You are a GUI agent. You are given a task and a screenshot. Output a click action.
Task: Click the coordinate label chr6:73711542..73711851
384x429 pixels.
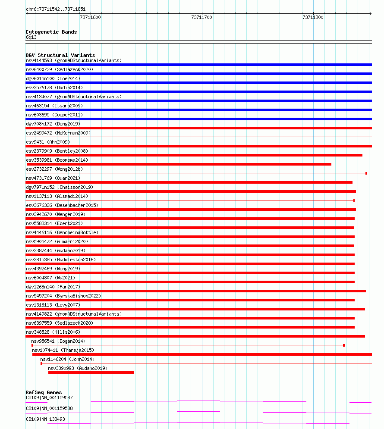coord(55,9)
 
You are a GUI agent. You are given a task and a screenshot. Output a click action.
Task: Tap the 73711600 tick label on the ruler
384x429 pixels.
coord(91,18)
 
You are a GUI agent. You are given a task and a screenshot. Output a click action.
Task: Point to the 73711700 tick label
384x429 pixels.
coord(201,18)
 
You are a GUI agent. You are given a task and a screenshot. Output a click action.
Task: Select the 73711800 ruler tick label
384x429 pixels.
coord(313,18)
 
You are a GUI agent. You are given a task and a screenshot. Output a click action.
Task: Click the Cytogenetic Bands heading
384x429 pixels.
coord(51,32)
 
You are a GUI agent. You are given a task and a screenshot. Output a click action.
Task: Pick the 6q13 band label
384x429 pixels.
coord(31,38)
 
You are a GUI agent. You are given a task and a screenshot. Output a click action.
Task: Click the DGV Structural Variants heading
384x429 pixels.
coord(60,55)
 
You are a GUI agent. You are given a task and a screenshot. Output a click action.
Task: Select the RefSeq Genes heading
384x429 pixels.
coord(44,392)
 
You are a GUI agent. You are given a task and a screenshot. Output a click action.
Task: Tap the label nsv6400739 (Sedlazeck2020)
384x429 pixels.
coord(59,69)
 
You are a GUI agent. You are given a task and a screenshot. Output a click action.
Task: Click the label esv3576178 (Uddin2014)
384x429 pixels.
coord(54,88)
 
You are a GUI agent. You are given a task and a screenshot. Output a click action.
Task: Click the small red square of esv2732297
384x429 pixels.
coord(366,173)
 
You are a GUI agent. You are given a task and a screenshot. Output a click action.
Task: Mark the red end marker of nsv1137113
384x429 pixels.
coord(354,200)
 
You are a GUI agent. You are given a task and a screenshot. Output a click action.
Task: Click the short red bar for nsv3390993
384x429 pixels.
coord(91,373)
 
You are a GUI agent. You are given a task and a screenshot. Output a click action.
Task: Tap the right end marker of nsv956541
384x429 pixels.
coord(344,345)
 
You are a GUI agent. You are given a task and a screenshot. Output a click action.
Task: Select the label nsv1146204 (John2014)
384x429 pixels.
coord(67,359)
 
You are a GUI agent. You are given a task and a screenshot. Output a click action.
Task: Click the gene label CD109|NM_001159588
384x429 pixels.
coord(49,408)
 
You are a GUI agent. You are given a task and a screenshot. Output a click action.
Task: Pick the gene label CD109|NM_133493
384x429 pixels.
coord(46,419)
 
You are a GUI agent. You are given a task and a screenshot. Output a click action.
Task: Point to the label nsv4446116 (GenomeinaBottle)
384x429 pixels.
coord(62,232)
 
